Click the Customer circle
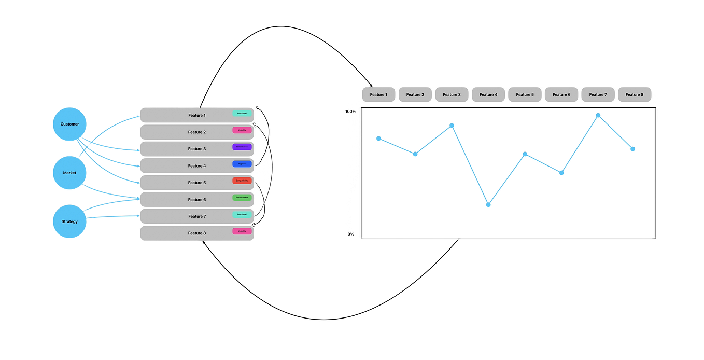(x=69, y=124)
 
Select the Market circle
(x=69, y=173)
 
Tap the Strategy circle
(x=69, y=221)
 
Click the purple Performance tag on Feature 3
(x=242, y=147)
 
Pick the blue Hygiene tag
(x=242, y=164)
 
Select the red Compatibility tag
(x=242, y=181)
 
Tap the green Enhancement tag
(x=242, y=198)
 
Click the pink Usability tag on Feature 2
(x=242, y=130)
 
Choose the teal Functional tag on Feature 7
(x=242, y=214)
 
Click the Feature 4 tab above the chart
(x=488, y=94)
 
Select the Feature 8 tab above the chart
(x=634, y=94)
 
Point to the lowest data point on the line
(x=488, y=204)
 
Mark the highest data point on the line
(x=598, y=115)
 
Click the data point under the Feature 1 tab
(x=379, y=139)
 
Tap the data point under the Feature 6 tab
(x=561, y=173)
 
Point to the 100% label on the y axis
(x=351, y=112)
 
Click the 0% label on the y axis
(x=351, y=234)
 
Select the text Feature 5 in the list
(x=196, y=183)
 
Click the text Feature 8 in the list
(x=196, y=233)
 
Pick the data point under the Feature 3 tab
(x=452, y=126)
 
